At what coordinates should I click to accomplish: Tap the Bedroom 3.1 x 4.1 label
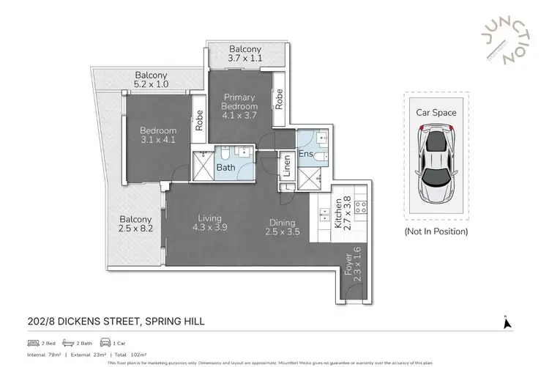(158, 136)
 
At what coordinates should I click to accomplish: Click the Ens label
(307, 154)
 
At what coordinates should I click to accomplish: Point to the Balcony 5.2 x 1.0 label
(152, 81)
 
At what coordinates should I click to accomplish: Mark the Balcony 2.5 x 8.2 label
(135, 224)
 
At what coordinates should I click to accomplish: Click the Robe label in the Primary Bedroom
(280, 99)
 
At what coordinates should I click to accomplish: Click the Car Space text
(436, 113)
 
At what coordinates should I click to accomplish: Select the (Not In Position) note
(436, 231)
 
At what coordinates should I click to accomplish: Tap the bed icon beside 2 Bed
(32, 342)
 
